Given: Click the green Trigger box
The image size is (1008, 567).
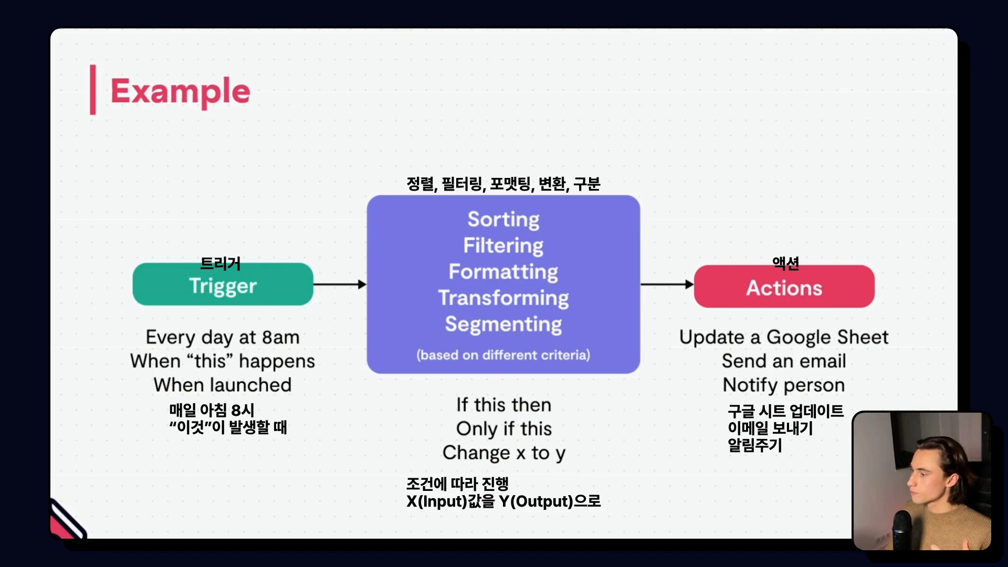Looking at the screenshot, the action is (x=223, y=284).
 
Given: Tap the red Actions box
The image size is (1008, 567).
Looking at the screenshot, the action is (x=784, y=286).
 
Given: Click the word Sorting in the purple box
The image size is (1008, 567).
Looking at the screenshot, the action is (x=503, y=219).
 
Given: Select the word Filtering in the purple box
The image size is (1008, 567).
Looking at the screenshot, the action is (x=503, y=246).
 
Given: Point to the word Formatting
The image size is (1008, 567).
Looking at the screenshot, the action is (x=503, y=272).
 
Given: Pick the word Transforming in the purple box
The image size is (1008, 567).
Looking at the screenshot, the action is (x=503, y=298).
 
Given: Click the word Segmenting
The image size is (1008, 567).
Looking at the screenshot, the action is (x=503, y=324).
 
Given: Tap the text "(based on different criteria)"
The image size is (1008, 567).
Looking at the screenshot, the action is (x=503, y=355).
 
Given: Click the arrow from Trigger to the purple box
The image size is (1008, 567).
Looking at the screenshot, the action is (x=340, y=284).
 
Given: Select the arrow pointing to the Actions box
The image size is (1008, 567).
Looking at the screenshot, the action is (x=667, y=284).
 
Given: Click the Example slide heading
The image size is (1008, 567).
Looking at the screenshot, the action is (x=180, y=91).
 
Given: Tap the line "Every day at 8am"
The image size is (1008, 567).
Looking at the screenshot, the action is (x=223, y=338).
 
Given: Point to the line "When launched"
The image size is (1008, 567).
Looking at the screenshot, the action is (x=223, y=385).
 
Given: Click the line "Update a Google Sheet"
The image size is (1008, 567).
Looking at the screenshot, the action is (x=784, y=338).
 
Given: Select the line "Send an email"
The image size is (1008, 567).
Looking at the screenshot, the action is (x=784, y=361).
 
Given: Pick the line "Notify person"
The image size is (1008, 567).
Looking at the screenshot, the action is (x=784, y=385).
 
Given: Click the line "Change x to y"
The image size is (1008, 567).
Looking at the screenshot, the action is (x=504, y=453).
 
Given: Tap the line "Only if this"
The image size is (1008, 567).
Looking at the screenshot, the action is (x=504, y=429).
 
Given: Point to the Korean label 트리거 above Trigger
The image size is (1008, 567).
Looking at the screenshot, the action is (x=220, y=263).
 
